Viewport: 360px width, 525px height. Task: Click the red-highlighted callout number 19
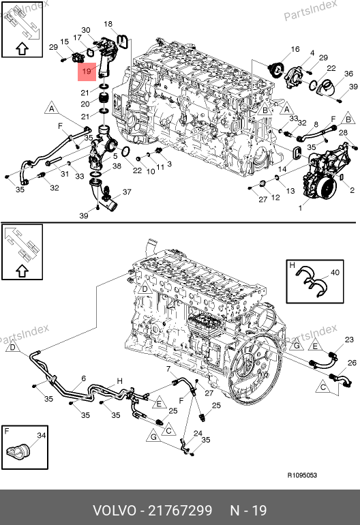[87, 72]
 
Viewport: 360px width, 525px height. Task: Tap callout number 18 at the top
[108, 24]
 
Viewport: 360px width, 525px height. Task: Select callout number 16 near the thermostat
[295, 49]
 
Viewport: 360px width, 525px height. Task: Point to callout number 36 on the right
[348, 74]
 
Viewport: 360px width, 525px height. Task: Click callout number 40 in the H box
[335, 273]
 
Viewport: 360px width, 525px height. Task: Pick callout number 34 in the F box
[41, 435]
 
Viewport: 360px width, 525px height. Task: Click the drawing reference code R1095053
[302, 475]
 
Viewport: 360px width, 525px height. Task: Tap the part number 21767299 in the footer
[180, 511]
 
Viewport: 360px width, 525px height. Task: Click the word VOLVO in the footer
[114, 511]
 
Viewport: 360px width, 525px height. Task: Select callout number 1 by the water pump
[301, 208]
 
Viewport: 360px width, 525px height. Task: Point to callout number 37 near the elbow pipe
[127, 192]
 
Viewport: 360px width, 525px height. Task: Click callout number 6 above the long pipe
[83, 378]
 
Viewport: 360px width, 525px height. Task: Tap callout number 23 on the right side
[349, 340]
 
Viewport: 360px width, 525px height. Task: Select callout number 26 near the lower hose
[352, 363]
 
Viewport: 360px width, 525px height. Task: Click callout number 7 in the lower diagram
[168, 369]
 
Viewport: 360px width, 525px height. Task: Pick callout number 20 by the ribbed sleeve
[85, 104]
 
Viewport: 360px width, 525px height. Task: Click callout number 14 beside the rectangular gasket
[282, 169]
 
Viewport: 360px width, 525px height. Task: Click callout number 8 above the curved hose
[316, 125]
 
